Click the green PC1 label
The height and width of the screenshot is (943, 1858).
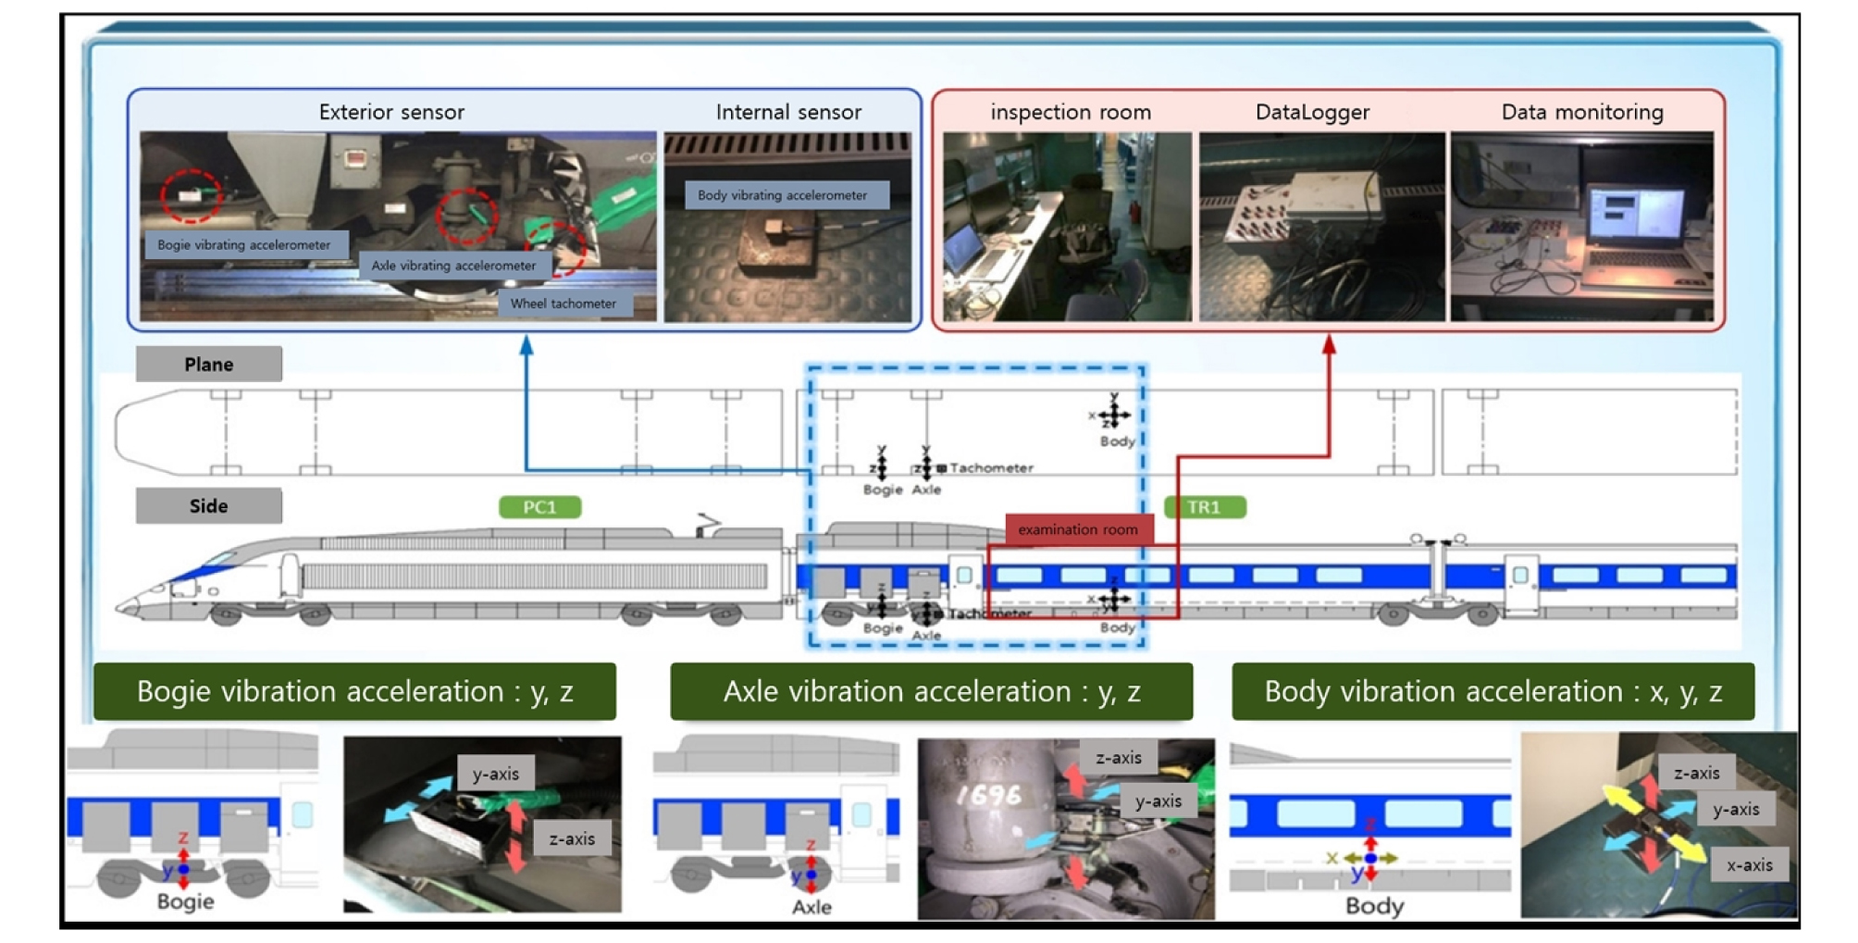pos(539,507)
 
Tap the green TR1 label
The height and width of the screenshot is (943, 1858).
pos(1204,507)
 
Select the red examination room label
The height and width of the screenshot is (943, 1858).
pos(1078,529)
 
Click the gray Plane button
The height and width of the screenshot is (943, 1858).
pos(208,364)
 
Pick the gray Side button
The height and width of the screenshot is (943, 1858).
pos(208,505)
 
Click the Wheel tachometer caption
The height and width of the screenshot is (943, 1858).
pos(563,304)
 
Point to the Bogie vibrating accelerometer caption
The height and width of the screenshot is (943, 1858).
pos(244,245)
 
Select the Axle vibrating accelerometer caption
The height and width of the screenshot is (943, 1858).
pos(453,266)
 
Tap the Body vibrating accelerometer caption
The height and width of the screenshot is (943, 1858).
pos(783,195)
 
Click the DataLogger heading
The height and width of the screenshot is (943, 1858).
pos(1312,112)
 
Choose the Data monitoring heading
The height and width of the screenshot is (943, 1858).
pos(1581,112)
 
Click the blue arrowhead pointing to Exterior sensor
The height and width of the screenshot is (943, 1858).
pos(526,344)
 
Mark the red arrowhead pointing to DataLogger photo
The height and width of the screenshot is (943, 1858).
pos(1329,344)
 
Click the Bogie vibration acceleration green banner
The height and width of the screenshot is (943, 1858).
pos(354,691)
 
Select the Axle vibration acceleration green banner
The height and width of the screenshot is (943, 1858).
pos(931,691)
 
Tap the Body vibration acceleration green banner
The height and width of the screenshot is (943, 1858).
pos(1493,691)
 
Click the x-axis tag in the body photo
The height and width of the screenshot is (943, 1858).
pos(1749,865)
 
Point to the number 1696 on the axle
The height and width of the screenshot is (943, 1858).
pos(987,795)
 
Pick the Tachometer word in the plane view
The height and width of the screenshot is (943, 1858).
pos(991,468)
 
